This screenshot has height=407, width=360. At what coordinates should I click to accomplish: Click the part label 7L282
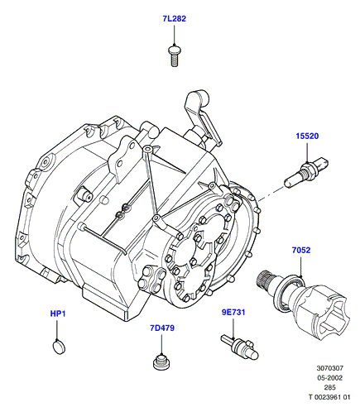click(174, 19)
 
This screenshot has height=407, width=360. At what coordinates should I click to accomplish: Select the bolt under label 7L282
click(174, 56)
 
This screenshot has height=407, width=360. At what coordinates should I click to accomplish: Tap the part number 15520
click(307, 136)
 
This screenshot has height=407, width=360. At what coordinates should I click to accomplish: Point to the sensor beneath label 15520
click(306, 172)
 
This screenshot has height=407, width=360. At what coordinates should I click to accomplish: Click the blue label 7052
click(301, 250)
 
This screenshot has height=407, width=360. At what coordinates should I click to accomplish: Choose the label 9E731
click(233, 313)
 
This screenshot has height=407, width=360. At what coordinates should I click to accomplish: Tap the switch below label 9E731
click(239, 347)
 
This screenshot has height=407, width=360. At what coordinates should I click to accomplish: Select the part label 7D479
click(162, 328)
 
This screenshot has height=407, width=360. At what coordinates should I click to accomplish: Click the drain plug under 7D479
click(161, 362)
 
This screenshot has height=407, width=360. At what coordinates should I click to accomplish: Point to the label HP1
click(58, 314)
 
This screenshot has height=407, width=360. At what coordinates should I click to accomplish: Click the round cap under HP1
click(59, 347)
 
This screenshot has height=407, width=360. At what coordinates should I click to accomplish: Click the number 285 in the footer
click(330, 387)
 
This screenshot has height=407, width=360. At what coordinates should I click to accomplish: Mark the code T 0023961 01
click(329, 397)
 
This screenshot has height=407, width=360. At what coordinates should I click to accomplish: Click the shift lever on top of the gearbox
click(204, 116)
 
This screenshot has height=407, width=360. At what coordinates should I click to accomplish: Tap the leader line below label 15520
click(307, 151)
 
